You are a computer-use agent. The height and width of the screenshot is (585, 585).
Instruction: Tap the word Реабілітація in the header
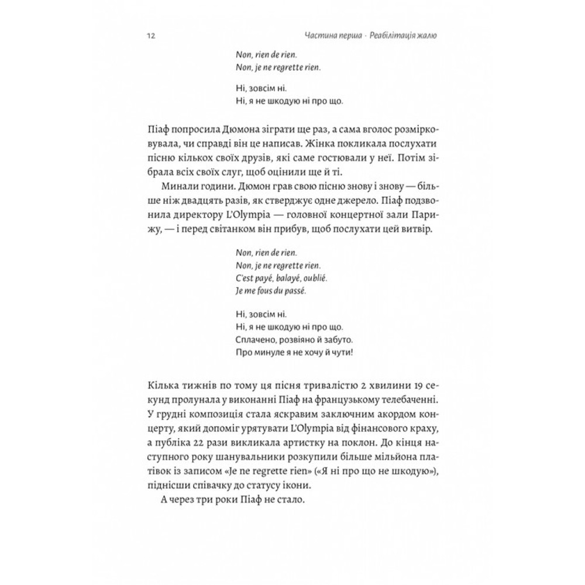coord(390,36)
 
